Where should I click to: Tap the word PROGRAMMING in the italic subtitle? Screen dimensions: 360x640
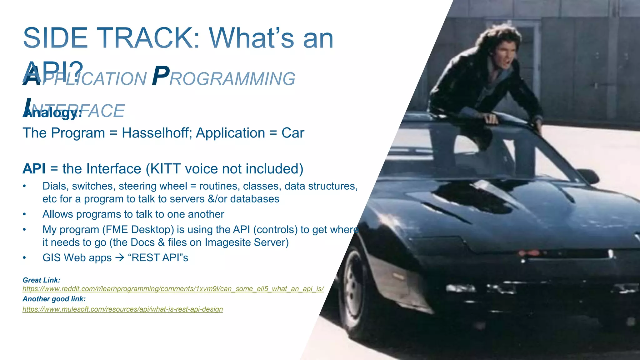point(224,78)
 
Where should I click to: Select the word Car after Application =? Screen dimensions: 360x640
point(292,133)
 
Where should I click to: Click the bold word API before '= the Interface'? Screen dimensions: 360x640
point(34,169)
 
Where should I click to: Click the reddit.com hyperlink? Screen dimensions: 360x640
point(173,289)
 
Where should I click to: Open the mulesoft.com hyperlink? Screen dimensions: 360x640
point(122,309)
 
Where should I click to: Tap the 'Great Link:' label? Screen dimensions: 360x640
point(41,280)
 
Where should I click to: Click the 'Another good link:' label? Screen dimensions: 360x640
point(54,299)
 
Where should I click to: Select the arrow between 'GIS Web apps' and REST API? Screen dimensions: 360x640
point(119,258)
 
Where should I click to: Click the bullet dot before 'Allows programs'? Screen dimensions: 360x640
point(24,215)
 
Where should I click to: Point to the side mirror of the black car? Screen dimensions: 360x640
point(587,175)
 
